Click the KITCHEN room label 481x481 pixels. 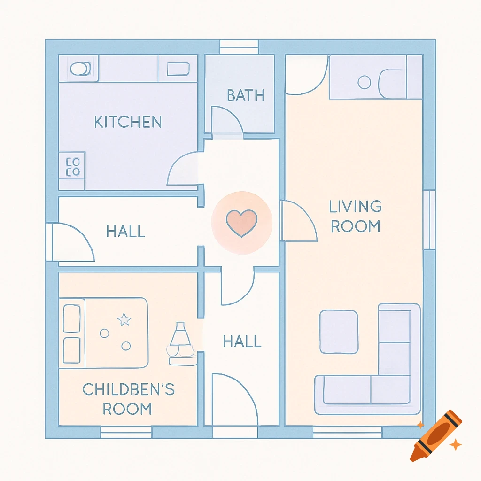coord(128,122)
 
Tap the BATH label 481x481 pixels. coord(246,95)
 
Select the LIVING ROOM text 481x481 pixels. coord(356,216)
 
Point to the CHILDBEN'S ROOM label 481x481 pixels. coord(128,399)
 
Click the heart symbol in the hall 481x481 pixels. coord(241,223)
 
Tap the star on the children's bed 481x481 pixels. coord(124,320)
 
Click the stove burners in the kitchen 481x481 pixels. coord(73,167)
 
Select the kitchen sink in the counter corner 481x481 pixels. coord(79,69)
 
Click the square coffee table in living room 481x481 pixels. coord(339,332)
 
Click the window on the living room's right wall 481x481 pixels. coord(429,219)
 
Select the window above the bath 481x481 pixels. coord(239,47)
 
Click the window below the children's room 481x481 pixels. coord(126,432)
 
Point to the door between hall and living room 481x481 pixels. coord(298,221)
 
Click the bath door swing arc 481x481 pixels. coord(227,121)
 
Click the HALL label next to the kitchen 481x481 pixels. coord(125,231)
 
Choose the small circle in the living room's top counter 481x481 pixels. coord(364,82)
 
